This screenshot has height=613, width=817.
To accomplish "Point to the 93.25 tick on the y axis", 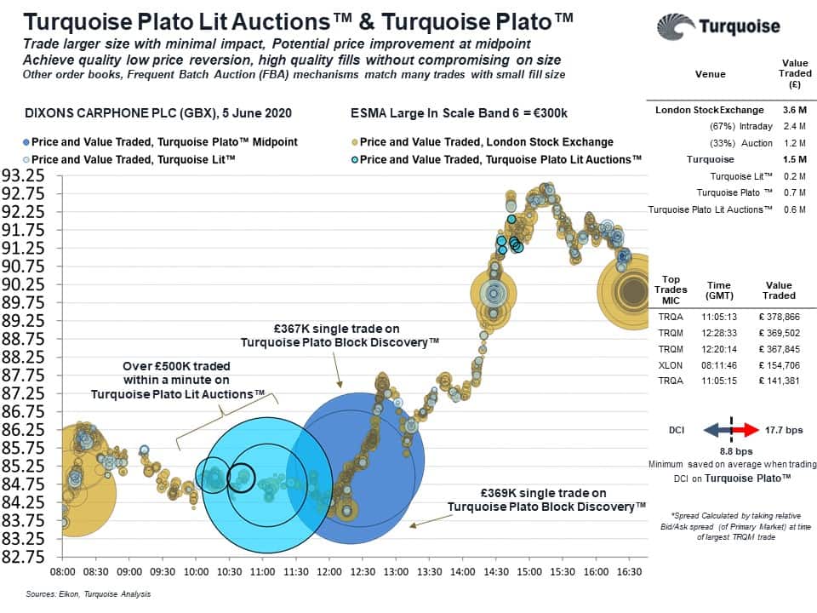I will [x=24, y=175].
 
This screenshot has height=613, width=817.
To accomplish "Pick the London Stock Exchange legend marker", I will [x=354, y=141].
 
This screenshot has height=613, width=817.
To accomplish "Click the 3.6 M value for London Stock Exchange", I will [x=794, y=110].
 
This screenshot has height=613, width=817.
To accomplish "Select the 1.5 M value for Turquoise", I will [x=794, y=159].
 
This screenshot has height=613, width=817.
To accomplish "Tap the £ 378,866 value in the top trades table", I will [x=778, y=315].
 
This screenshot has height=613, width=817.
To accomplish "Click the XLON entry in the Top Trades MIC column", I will [x=671, y=364].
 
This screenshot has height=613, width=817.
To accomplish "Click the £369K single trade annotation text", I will [x=546, y=500].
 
